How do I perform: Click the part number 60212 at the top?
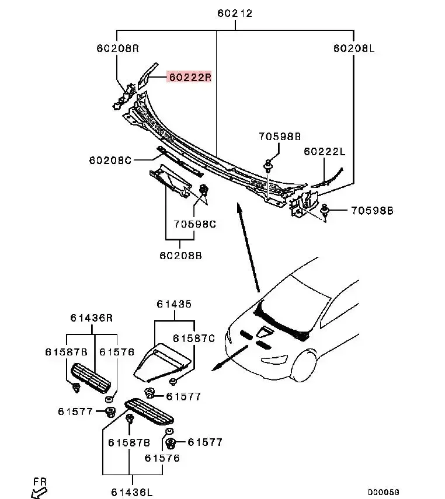click(x=235, y=13)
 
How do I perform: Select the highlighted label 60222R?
click(x=190, y=77)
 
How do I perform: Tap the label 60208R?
click(x=118, y=48)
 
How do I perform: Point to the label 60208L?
click(x=353, y=48)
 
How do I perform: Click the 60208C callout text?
click(x=110, y=159)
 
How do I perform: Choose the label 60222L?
click(x=325, y=152)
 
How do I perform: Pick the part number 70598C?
click(x=194, y=223)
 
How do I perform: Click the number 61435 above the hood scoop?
click(x=174, y=304)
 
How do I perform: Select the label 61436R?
click(x=91, y=317)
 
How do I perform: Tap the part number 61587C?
click(x=194, y=339)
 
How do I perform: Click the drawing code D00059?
click(x=384, y=492)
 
